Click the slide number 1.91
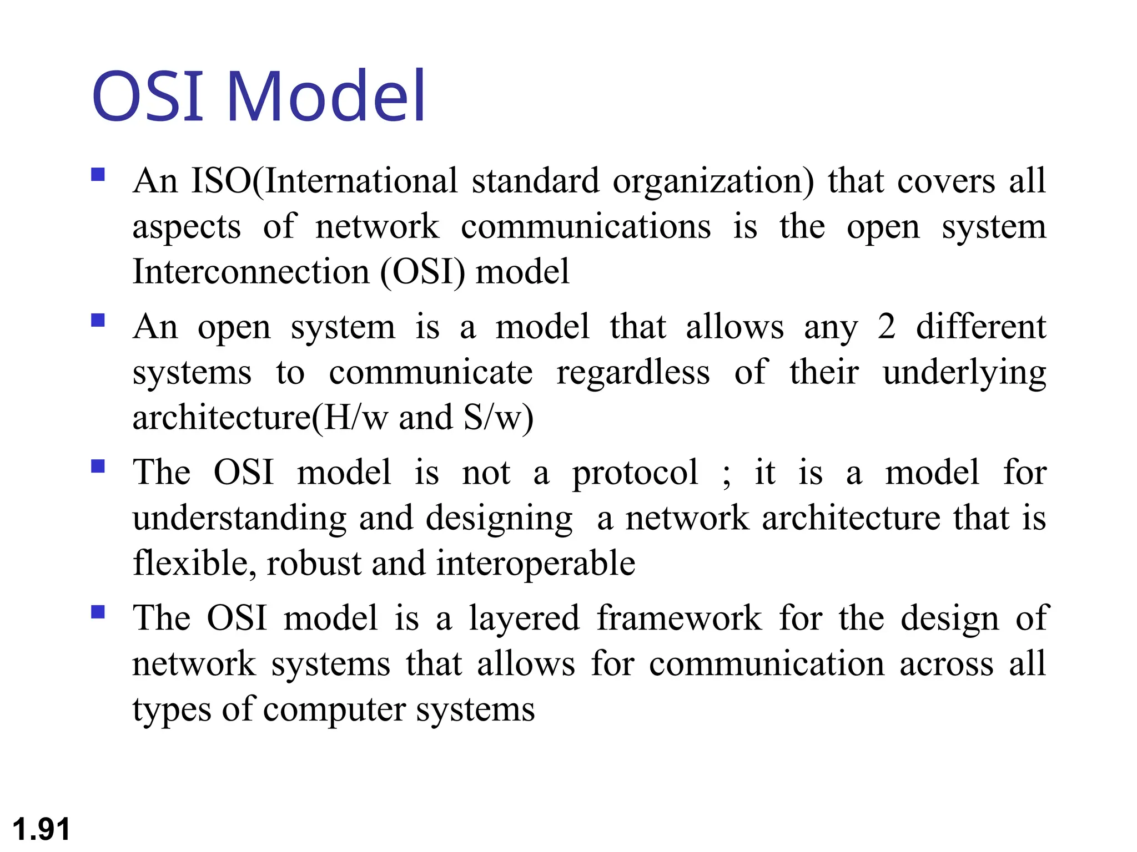pos(41,829)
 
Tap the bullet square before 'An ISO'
pos(98,175)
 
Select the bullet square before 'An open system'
pos(98,321)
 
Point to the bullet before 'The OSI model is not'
pos(98,466)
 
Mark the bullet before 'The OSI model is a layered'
pos(98,612)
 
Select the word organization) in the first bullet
pos(713,182)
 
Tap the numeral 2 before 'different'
pos(886,327)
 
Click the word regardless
pos(633,372)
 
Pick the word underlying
pos(964,373)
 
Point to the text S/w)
pos(498,418)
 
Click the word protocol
pos(635,474)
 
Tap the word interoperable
pos(536,564)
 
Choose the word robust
pos(314,564)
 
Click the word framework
pos(679,618)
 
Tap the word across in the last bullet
pos(946,664)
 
